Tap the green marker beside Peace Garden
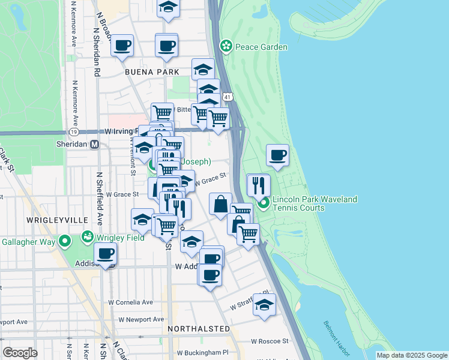[226, 46]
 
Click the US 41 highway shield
[226, 96]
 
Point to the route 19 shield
[74, 131]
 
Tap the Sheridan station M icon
[94, 145]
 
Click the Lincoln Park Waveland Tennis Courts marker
[264, 204]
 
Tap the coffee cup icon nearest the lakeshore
[277, 155]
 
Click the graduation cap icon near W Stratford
[264, 305]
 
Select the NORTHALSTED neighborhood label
[199, 329]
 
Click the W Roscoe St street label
[270, 341]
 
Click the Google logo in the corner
[20, 353]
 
